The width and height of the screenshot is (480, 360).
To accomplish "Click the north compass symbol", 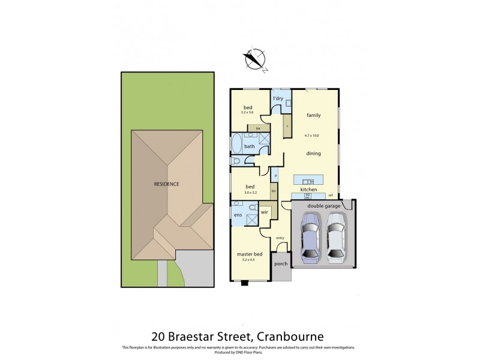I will point(256,59).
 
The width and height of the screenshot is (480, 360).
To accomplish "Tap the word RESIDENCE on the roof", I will point(166,184).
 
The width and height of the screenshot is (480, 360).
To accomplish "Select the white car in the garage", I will point(336,239).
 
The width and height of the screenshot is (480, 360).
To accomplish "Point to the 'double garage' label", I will point(324,205).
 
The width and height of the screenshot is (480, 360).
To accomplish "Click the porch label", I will point(280,264).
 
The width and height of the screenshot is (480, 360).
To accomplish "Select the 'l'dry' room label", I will point(278,98).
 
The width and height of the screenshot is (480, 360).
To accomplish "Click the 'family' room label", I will point(313,115).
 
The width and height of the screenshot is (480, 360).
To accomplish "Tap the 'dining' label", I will point(313,153).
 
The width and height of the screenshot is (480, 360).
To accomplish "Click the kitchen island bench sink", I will point(308,181).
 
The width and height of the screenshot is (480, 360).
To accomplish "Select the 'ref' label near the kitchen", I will point(331,195).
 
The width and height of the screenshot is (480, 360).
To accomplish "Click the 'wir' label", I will point(264,212).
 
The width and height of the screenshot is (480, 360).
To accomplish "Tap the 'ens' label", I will point(238,214).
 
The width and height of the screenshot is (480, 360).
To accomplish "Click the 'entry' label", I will point(280,238).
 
